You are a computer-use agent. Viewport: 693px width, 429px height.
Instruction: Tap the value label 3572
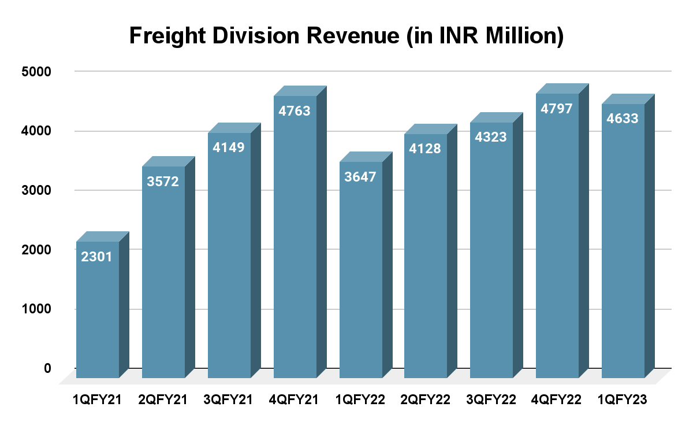coord(163,182)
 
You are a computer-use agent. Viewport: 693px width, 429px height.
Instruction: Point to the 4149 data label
coord(229,147)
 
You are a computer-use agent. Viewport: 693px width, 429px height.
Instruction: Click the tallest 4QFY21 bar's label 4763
coord(295,111)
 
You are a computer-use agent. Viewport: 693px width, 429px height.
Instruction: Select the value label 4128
coord(426,149)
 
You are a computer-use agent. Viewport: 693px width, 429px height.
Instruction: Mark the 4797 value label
coord(557,108)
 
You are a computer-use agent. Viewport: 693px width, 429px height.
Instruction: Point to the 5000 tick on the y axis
coord(38,72)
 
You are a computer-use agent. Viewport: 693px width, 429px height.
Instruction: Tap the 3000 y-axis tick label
coord(38,190)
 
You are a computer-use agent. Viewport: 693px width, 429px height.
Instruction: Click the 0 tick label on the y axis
coord(47,368)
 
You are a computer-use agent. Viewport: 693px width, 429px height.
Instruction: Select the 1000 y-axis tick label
coord(38,309)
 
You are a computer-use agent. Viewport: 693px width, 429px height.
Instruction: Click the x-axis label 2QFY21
coord(163,400)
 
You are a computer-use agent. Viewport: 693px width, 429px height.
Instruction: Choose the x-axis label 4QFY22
coord(557,400)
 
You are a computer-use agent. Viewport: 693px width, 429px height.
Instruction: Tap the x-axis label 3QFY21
coord(229,400)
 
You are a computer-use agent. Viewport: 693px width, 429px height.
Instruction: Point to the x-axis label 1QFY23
coord(623,400)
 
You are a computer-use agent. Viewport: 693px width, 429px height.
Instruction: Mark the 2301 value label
coord(97,257)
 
